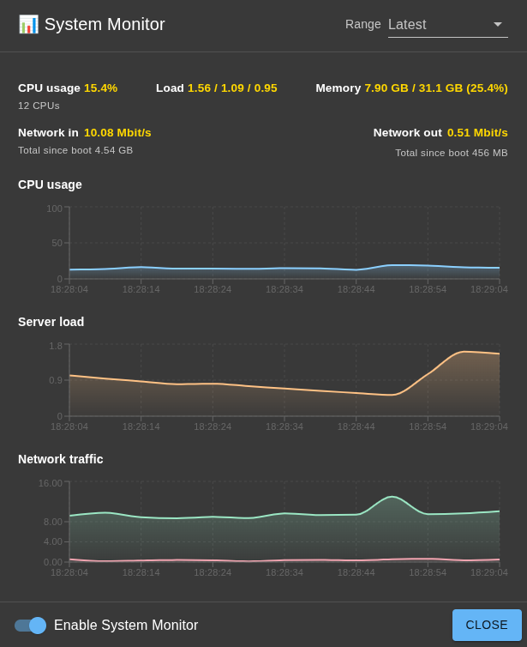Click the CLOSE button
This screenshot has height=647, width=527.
(x=487, y=625)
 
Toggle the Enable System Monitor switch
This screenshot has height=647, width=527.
(x=31, y=626)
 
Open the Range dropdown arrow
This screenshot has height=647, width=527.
(x=497, y=24)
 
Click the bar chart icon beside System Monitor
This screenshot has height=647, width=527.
(x=28, y=24)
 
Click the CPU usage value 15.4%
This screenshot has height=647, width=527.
(x=100, y=88)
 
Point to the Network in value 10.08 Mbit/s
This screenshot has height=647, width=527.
(x=117, y=132)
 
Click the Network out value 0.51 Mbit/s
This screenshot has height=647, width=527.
(x=477, y=132)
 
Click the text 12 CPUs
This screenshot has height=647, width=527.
(x=39, y=106)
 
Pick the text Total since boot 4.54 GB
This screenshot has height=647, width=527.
(x=75, y=150)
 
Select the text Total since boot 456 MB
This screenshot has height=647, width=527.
(x=452, y=153)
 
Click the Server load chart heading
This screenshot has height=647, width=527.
(x=51, y=322)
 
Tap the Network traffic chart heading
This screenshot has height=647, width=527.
(x=60, y=459)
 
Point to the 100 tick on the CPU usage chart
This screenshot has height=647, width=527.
(x=54, y=209)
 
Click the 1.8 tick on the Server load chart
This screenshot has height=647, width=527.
(x=55, y=346)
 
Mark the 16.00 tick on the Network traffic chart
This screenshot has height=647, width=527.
(x=50, y=483)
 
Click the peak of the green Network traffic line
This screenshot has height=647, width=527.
(x=392, y=497)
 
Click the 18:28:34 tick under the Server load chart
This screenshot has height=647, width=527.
(x=284, y=426)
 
